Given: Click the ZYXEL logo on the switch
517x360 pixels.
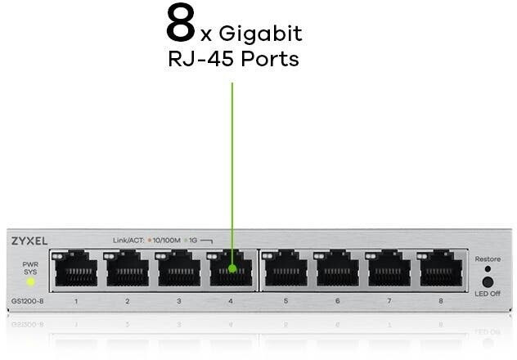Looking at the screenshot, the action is point(29,241).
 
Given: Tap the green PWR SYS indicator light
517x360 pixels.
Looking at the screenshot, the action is point(30,281).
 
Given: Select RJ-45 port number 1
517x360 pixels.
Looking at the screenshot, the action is point(75,269).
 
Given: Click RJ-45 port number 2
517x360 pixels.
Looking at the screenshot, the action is point(127,269).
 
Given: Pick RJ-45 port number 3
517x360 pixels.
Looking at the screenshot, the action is point(179,269).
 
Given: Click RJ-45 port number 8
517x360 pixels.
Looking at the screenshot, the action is point(442,269).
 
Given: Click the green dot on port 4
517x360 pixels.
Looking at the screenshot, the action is point(232,268).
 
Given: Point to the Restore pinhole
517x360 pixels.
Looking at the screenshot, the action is point(488,268).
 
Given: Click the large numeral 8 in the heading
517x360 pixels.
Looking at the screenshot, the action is point(180,25).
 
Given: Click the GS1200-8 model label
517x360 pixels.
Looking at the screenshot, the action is point(26,302).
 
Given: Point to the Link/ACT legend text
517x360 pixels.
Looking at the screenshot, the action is point(126,241).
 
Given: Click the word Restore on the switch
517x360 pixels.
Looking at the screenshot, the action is point(487,259).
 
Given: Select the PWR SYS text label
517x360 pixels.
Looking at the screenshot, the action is point(30,268).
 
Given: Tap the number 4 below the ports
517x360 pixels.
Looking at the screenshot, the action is point(230,302).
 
